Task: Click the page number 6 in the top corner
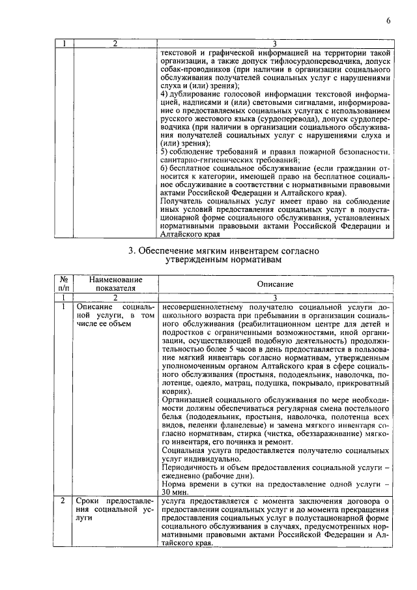(388, 20)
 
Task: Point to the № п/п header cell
(63, 284)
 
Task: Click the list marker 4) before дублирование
(164, 95)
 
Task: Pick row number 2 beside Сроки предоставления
(63, 501)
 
